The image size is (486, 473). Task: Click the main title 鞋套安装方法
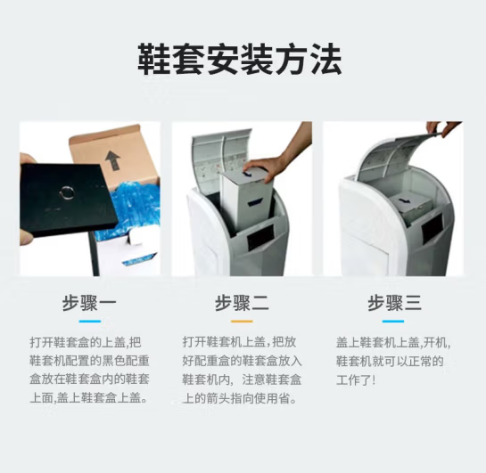click(x=240, y=60)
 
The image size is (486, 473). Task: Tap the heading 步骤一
click(x=89, y=303)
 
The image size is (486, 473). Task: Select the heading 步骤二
click(x=242, y=303)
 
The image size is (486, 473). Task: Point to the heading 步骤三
click(x=394, y=303)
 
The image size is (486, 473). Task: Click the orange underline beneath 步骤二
click(x=242, y=322)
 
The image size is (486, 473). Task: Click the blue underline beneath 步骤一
click(x=90, y=322)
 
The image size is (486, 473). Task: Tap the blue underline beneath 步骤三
click(x=393, y=322)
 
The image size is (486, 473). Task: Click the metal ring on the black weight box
click(x=66, y=192)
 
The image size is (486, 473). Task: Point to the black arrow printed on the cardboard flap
click(x=112, y=160)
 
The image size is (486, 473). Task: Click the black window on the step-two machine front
click(x=260, y=237)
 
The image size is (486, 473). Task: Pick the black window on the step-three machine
click(x=432, y=228)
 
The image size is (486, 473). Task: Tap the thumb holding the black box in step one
click(x=28, y=161)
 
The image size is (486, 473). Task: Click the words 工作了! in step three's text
click(x=356, y=379)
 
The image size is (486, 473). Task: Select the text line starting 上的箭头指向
click(x=240, y=398)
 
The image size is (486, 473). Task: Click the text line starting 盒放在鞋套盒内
click(x=89, y=379)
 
